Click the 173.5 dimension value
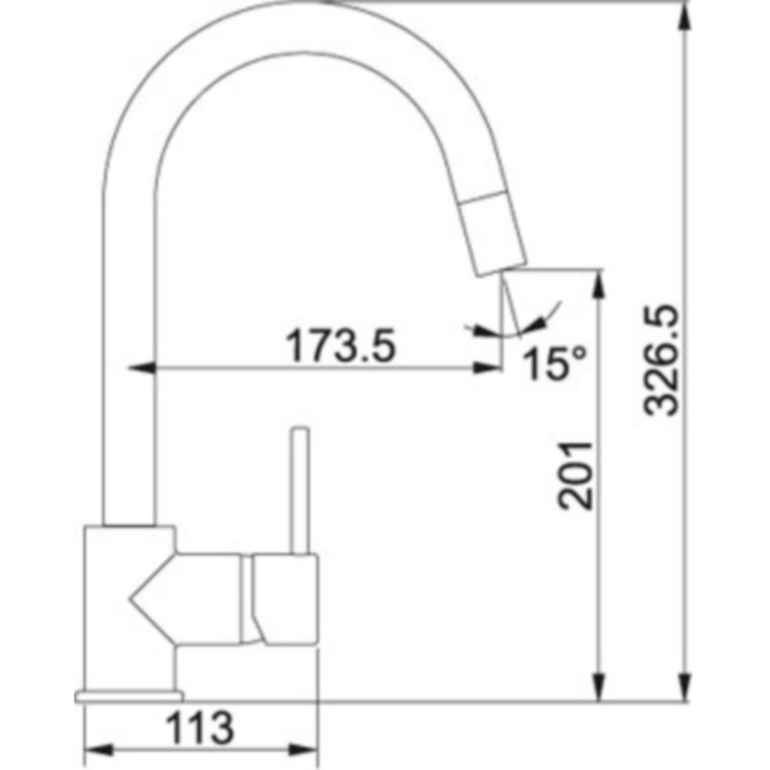(x=340, y=346)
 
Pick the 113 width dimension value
(x=199, y=727)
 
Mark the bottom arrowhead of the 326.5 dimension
(x=684, y=688)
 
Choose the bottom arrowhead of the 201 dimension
(x=599, y=688)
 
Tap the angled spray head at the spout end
(x=492, y=233)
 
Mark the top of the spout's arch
(x=301, y=27)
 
